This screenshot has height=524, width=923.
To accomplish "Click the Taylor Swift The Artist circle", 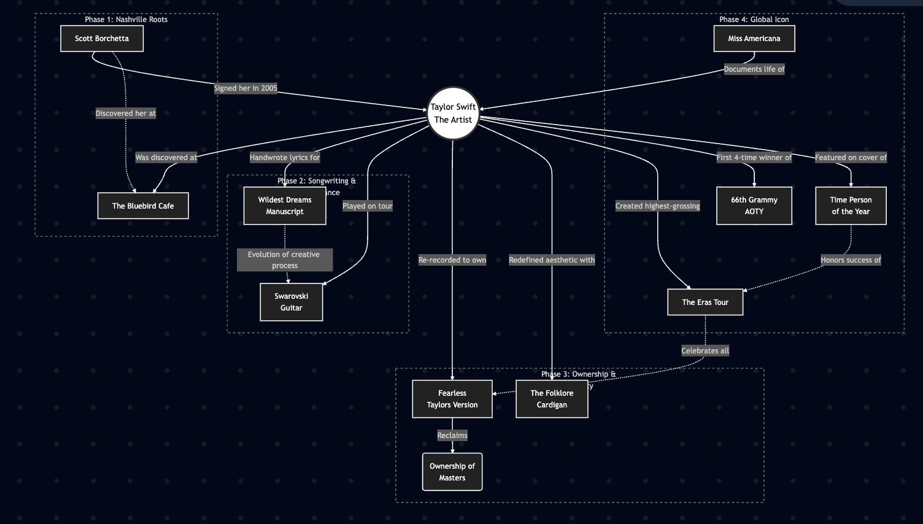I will [453, 114].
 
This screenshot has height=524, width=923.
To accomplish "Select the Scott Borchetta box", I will [102, 39].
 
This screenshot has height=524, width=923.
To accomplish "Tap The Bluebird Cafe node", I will [143, 206].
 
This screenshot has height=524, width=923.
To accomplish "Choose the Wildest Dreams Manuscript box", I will [285, 206].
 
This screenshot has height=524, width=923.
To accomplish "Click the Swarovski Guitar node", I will [292, 302].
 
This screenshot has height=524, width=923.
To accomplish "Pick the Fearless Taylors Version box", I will [452, 399].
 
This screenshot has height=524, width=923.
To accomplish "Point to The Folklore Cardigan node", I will [552, 399].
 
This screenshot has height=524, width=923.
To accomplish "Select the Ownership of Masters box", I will [452, 472].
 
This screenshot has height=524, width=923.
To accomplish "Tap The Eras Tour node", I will [705, 302].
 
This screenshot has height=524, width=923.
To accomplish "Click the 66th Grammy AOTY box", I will [754, 206].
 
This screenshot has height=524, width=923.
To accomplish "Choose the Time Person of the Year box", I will [851, 206].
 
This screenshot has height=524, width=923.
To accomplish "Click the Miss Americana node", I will [754, 39].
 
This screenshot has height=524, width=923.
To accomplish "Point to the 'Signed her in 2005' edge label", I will [245, 88].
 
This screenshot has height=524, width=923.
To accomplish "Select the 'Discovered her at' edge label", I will [126, 114].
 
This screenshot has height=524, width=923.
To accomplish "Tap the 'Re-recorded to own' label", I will [452, 260].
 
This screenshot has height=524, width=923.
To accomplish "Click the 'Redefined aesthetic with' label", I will [552, 260].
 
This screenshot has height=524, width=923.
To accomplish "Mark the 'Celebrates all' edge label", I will [705, 351].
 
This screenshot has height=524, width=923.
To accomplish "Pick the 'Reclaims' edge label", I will [452, 436].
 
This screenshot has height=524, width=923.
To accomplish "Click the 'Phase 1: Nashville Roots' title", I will [126, 20].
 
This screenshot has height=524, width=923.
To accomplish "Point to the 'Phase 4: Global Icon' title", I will [754, 20].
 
